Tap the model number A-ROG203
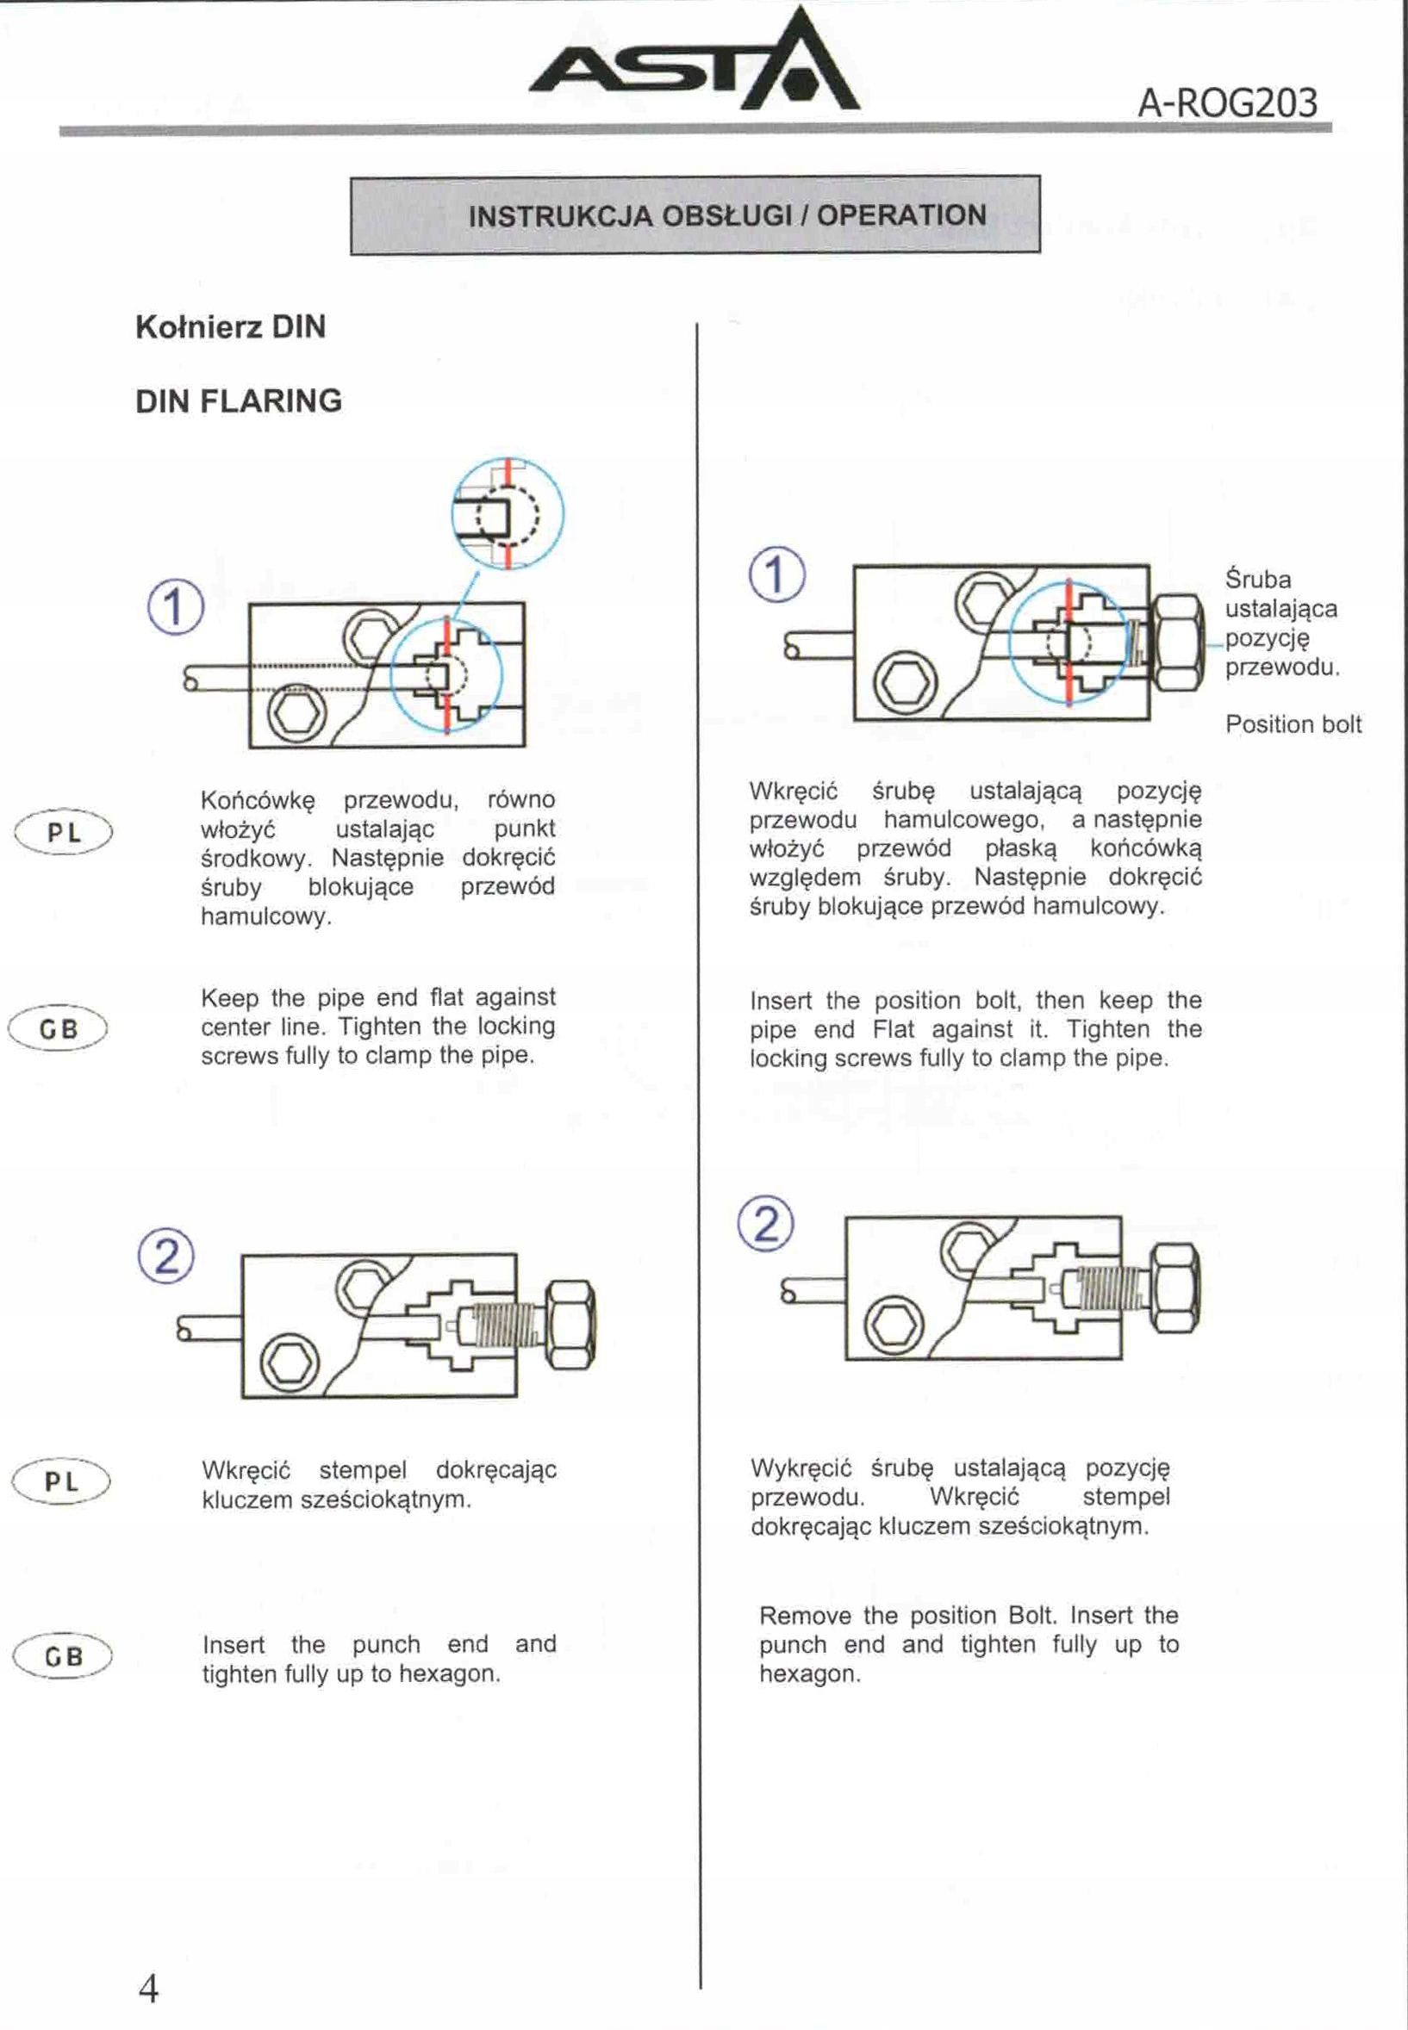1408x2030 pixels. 1227,103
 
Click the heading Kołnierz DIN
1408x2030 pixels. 230,327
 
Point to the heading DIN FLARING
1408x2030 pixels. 238,401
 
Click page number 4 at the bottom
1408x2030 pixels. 148,1989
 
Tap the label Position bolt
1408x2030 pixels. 1293,724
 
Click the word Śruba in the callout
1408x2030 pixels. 1257,580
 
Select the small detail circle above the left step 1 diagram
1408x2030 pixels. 508,513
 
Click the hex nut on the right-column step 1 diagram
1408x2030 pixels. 1179,643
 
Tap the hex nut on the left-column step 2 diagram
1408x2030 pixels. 570,1325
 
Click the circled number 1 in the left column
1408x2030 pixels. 175,607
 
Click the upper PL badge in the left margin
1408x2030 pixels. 64,832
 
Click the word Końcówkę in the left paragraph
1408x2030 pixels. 258,801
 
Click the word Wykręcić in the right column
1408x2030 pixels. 801,1468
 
